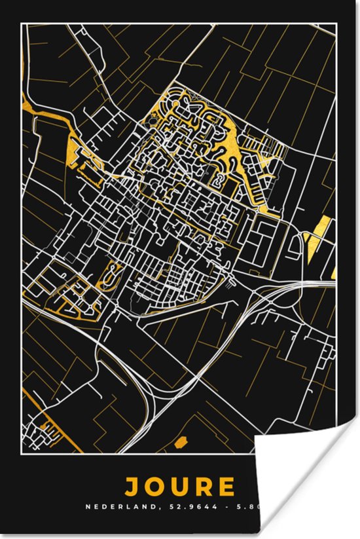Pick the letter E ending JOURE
coord(228,487)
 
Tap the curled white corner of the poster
coord(308,485)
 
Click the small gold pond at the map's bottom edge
coord(181,441)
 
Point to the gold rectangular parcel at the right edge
coord(319,229)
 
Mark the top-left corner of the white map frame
coord(22,24)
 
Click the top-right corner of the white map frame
coord(337,24)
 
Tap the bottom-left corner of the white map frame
coord(22,453)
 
